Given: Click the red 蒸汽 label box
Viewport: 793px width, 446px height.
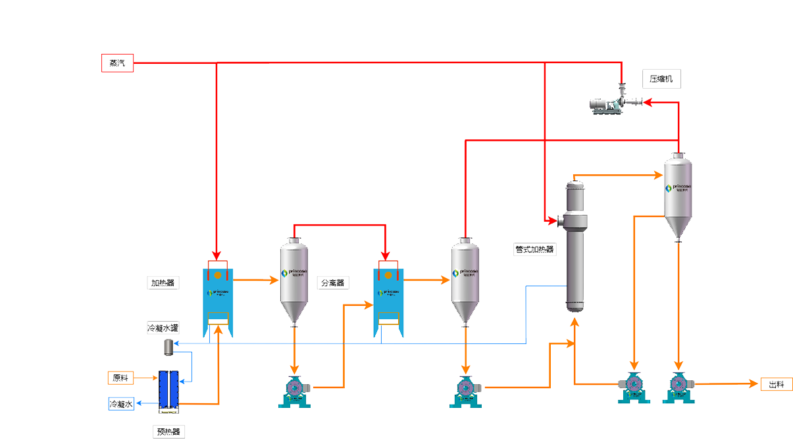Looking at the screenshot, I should coord(117,63).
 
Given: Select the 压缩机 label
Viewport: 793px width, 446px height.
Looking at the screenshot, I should coord(661,80).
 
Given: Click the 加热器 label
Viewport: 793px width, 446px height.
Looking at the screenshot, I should coord(163,283).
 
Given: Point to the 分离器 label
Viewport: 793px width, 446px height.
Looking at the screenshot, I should coord(332,283).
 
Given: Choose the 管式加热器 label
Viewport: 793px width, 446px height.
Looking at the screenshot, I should coord(534,249).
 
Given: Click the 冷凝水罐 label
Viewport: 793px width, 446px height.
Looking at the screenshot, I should coord(163,328).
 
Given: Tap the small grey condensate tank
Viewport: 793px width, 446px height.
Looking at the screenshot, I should coord(168,347).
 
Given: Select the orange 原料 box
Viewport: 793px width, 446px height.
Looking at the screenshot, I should coord(120,378).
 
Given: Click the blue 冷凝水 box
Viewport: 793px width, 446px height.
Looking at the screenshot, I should coord(121,404).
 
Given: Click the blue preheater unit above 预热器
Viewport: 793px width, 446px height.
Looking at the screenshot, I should coord(169,391).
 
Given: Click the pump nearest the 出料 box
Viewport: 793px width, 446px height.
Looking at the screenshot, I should coord(678,387).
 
